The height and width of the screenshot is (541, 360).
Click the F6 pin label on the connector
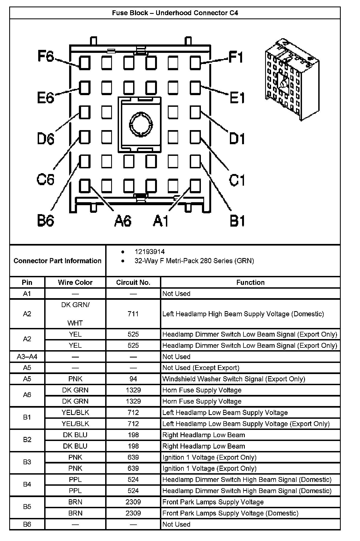(x=46, y=56)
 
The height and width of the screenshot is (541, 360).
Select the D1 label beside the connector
(x=237, y=139)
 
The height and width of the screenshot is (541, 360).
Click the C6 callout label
(x=45, y=179)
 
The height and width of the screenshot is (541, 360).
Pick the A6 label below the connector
(x=123, y=221)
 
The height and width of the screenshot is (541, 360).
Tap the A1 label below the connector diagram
(x=161, y=221)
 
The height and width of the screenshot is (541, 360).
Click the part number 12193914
(x=150, y=252)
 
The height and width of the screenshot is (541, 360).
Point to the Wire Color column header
(x=75, y=282)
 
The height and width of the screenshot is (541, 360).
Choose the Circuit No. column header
(x=133, y=282)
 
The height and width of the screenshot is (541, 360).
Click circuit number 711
(x=133, y=314)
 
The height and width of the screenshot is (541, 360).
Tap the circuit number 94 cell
(x=133, y=379)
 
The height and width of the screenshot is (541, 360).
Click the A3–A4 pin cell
(x=27, y=357)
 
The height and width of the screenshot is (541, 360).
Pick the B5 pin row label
(x=27, y=507)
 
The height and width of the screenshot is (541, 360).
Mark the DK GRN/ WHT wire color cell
(x=75, y=314)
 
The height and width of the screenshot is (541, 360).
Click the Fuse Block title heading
(x=175, y=13)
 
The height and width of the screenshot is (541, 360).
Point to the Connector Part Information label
(x=57, y=261)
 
